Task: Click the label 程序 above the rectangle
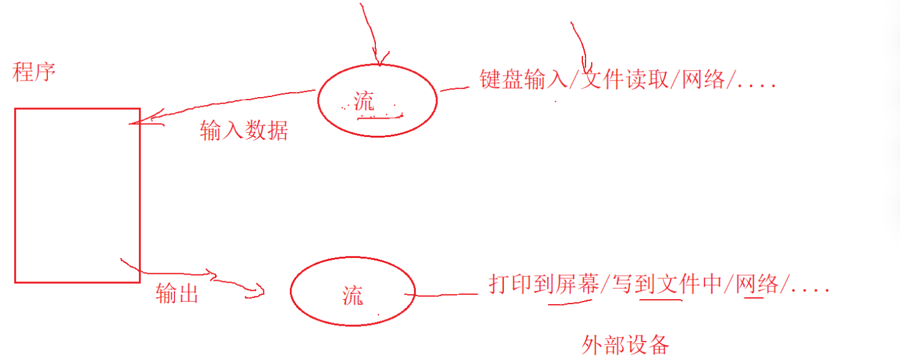pyautogui.click(x=34, y=72)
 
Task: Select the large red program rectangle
pyautogui.click(x=15, y=195)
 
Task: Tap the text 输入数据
pyautogui.click(x=244, y=130)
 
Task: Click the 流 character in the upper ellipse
pyautogui.click(x=364, y=101)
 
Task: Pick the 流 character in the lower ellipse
pyautogui.click(x=353, y=295)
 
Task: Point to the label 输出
pyautogui.click(x=177, y=293)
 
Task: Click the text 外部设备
pyautogui.click(x=625, y=345)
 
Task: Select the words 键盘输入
pyautogui.click(x=523, y=79)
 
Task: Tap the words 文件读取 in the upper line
pyautogui.click(x=625, y=79)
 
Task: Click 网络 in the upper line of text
pyautogui.click(x=703, y=79)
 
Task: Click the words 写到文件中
pyautogui.click(x=667, y=284)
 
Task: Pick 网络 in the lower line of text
pyautogui.click(x=757, y=284)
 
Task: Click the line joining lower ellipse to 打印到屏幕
pyautogui.click(x=441, y=295)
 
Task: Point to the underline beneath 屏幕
pyautogui.click(x=569, y=302)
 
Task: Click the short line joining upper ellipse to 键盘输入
pyautogui.click(x=455, y=89)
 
